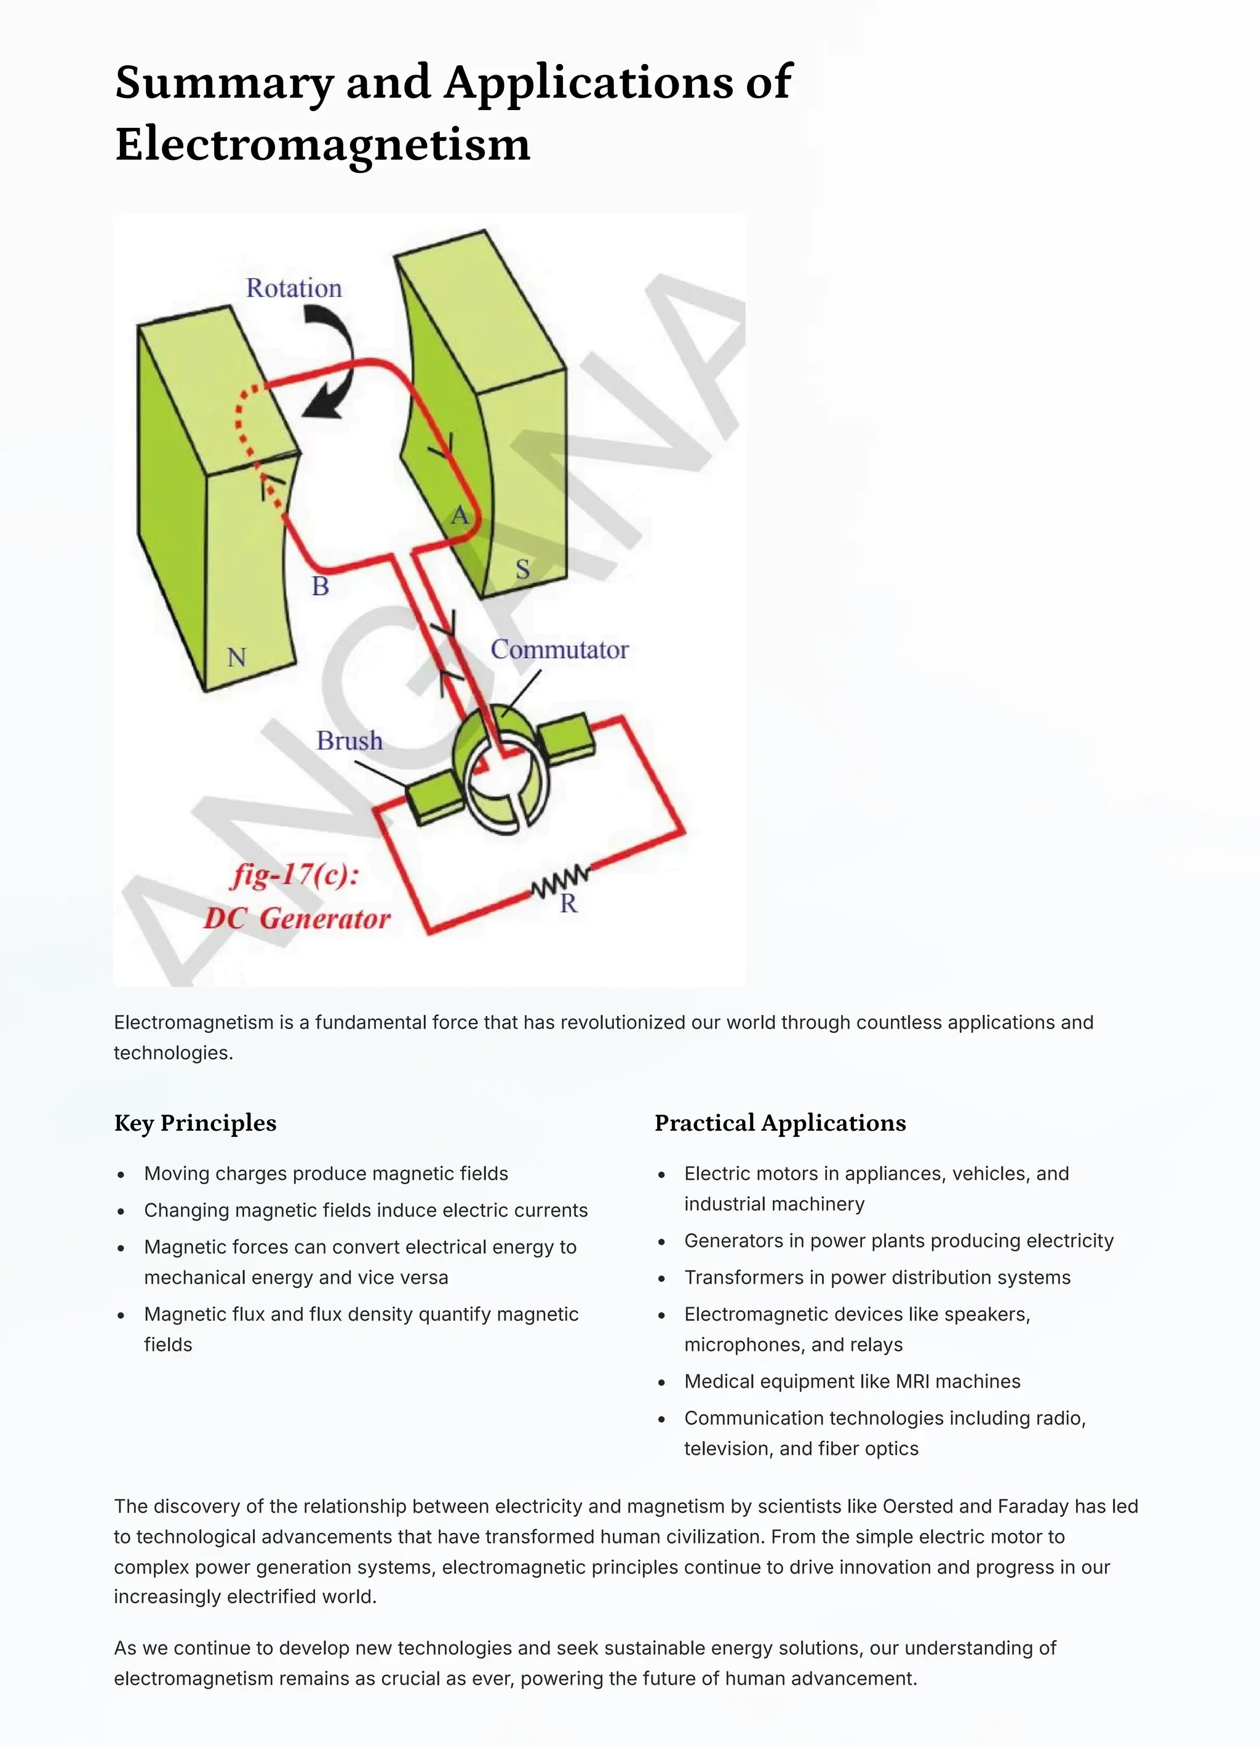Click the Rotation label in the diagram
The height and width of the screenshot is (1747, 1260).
point(293,288)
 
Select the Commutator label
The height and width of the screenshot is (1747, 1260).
point(559,650)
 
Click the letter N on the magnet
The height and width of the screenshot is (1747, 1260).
point(236,657)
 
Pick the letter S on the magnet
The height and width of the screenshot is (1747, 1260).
point(522,569)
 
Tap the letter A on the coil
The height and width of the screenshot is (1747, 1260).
point(459,515)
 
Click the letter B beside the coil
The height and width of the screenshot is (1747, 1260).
point(321,586)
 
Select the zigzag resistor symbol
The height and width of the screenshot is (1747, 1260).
point(560,882)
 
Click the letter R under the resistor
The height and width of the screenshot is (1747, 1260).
point(568,904)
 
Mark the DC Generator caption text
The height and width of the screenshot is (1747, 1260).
point(297,918)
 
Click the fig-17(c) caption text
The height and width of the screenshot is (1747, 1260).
point(295,875)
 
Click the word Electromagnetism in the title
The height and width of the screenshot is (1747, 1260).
point(323,144)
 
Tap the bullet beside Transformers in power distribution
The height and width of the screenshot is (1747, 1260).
point(661,1278)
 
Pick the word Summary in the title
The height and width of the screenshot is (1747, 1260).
point(224,82)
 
